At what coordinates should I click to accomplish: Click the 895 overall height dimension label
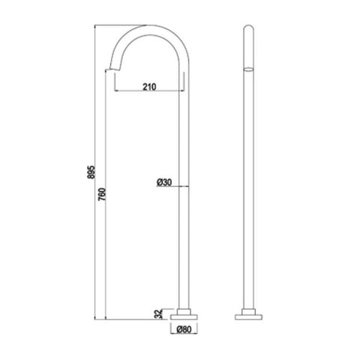pyautogui.click(x=91, y=172)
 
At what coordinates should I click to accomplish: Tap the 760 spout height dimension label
pyautogui.click(x=102, y=194)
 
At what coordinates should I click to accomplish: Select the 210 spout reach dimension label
pyautogui.click(x=149, y=87)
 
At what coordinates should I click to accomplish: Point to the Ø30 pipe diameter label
pyautogui.click(x=164, y=182)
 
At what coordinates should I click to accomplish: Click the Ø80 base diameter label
pyautogui.click(x=184, y=329)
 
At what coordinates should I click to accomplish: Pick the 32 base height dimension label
pyautogui.click(x=158, y=314)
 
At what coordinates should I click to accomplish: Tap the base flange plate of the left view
pyautogui.click(x=184, y=317)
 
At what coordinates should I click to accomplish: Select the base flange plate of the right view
pyautogui.click(x=248, y=317)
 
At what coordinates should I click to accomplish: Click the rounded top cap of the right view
pyautogui.click(x=248, y=27)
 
